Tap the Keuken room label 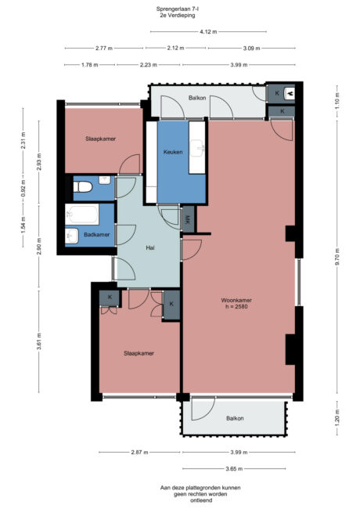coord(173,152)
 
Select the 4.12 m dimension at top coord(207,31)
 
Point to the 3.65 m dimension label coord(232,469)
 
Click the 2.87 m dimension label coord(138,453)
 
